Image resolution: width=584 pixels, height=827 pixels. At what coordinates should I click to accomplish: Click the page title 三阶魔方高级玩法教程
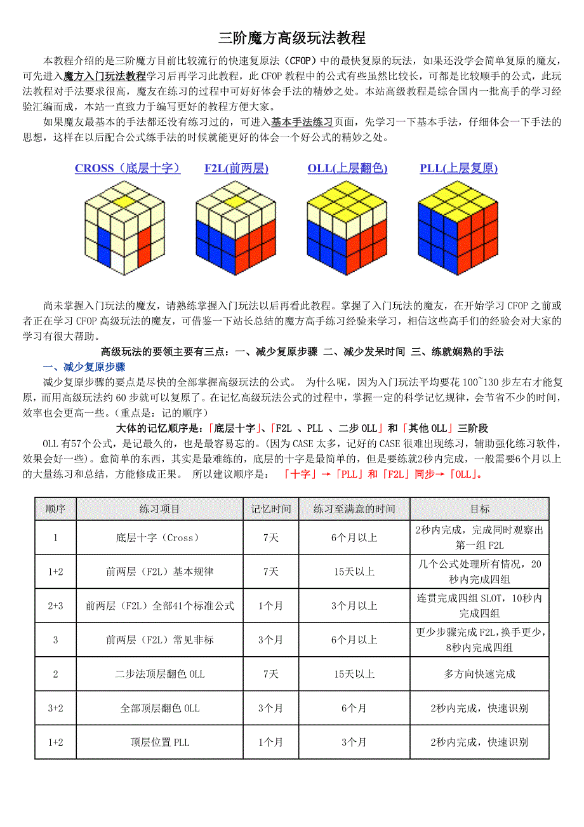point(292,38)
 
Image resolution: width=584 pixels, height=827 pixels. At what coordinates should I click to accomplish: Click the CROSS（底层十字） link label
point(128,168)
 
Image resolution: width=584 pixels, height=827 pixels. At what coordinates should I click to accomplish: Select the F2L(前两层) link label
point(236,168)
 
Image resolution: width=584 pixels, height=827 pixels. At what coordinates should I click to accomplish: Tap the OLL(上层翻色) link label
point(347,168)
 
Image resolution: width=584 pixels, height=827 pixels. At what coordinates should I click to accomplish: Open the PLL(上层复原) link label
point(458,168)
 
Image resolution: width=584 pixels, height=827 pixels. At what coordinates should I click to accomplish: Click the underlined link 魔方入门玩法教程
point(105,76)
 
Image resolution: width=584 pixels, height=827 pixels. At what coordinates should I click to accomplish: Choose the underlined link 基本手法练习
point(302,121)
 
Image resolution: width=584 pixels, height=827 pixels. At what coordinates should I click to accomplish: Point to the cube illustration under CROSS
point(126,227)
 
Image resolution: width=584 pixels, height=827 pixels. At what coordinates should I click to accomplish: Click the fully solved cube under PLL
point(458,227)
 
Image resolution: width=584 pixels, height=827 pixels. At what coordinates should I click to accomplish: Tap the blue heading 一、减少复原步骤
point(84,367)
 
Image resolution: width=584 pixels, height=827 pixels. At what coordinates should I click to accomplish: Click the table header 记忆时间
point(271,509)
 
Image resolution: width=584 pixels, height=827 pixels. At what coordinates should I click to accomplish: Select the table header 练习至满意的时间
point(354,509)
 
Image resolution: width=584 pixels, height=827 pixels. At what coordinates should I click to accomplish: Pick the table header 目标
point(479,509)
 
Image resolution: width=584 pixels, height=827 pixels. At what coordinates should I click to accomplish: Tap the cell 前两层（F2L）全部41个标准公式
point(159,606)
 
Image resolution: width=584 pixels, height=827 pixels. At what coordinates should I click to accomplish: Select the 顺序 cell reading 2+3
point(55,606)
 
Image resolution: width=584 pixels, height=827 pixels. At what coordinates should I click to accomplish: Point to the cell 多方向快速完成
point(479,674)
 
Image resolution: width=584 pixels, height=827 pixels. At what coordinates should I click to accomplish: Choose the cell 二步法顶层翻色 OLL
point(159,674)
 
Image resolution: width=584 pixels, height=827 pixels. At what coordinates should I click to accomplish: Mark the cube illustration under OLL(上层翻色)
point(347,227)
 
